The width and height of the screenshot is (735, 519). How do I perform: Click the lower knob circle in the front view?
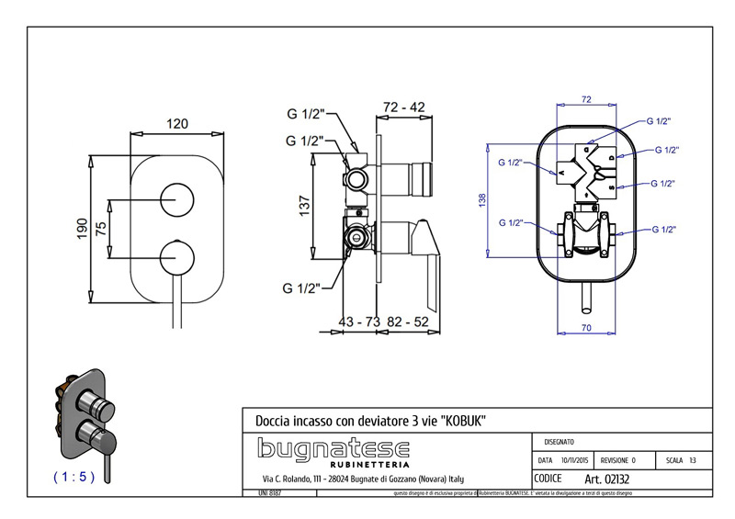point(176,255)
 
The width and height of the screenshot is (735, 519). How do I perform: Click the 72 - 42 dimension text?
point(403,107)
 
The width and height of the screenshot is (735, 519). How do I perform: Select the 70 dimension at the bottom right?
point(584,325)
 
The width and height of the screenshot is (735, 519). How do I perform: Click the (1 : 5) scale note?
point(73,477)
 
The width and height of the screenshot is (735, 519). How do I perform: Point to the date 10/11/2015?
point(573,459)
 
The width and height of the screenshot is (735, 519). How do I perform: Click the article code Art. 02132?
point(606,479)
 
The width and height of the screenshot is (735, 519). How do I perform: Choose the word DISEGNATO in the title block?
point(562,441)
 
